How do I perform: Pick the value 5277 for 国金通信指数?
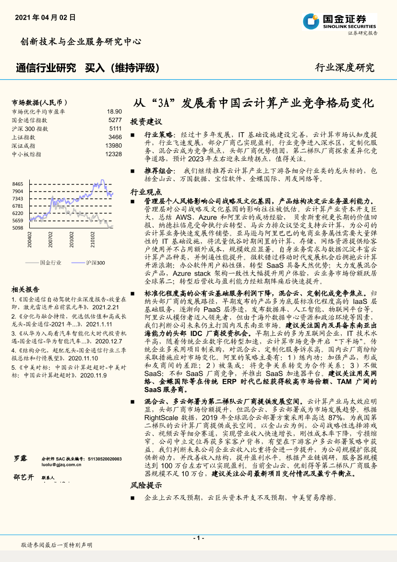pyautogui.click(x=115, y=120)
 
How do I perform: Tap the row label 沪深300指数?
pyautogui.click(x=30, y=129)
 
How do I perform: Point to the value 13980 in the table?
pyautogui.click(x=113, y=146)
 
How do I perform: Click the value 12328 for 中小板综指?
pyautogui.click(x=113, y=154)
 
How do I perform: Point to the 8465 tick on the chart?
pyautogui.click(x=18, y=184)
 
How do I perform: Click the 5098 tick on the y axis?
pyautogui.click(x=18, y=228)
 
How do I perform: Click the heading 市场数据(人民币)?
pyautogui.click(x=39, y=102)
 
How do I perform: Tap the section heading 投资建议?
pyautogui.click(x=146, y=122)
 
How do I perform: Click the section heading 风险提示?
pyautogui.click(x=146, y=486)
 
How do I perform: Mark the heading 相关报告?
pyautogui.click(x=25, y=289)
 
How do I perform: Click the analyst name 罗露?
pyautogui.click(x=20, y=459)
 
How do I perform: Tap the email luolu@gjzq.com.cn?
pyautogui.click(x=60, y=465)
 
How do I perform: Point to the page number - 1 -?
pyautogui.click(x=198, y=538)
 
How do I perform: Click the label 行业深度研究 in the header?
pyautogui.click(x=344, y=67)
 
